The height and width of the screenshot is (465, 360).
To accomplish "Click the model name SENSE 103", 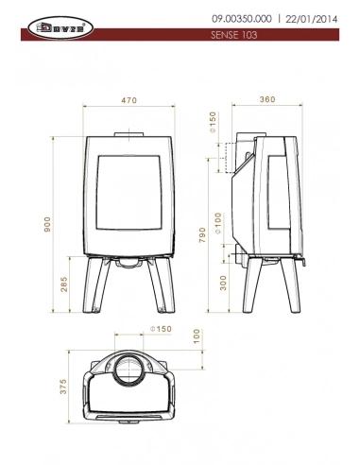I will (x=232, y=34).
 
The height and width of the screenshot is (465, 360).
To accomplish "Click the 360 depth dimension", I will (x=268, y=99).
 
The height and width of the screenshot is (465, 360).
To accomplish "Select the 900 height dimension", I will (x=46, y=222).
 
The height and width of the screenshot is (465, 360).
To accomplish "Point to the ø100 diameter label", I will (x=218, y=223).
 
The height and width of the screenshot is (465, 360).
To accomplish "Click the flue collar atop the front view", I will (x=131, y=131).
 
